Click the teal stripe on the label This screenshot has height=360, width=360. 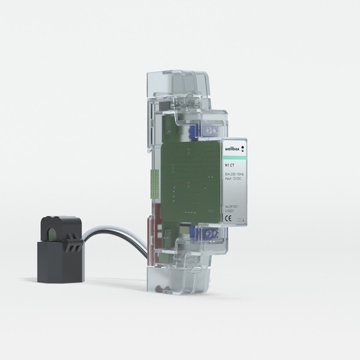[235, 156]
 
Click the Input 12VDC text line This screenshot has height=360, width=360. [233, 179]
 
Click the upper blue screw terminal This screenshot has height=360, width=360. [211, 129]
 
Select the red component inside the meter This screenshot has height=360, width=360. [153, 229]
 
